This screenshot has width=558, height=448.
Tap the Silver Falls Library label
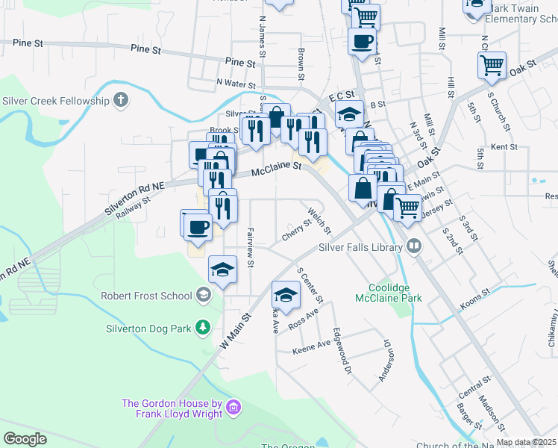[x=360, y=247]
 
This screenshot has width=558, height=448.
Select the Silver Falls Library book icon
[x=412, y=247]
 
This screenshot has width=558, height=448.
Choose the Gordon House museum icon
[x=233, y=408]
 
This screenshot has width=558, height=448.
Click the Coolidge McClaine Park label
[x=395, y=293]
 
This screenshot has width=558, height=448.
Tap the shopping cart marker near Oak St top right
[x=492, y=66]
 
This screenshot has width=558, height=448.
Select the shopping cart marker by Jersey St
[x=407, y=207]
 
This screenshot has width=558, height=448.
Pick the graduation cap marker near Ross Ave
[x=286, y=293]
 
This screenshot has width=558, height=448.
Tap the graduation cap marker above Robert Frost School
[x=222, y=270]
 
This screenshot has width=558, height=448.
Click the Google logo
[x=25, y=439]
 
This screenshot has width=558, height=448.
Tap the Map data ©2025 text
[x=525, y=442]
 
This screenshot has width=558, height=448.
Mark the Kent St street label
[x=504, y=147]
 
